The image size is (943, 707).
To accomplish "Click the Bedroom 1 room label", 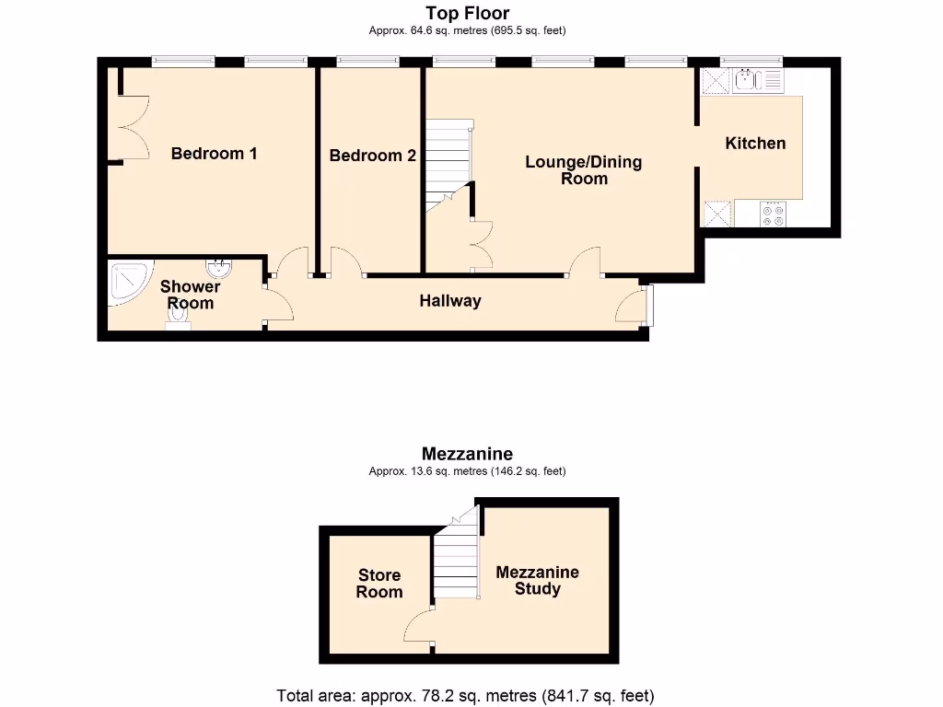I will click(214, 154).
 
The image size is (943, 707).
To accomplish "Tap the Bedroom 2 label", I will click(372, 156).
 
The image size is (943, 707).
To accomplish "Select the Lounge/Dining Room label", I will click(584, 170).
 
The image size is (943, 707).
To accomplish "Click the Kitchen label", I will click(755, 143).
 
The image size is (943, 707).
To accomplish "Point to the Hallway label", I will click(450, 301).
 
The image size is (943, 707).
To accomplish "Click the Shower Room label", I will click(191, 295).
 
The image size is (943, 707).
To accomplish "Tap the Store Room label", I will click(379, 584).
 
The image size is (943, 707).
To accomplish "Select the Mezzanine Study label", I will click(537, 580).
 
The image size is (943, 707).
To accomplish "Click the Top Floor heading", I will click(467, 13).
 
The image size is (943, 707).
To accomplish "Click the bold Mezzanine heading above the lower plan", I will click(467, 454).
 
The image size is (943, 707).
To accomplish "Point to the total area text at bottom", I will click(466, 695).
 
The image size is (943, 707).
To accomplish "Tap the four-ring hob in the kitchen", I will click(772, 214).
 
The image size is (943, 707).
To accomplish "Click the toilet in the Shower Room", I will click(178, 316).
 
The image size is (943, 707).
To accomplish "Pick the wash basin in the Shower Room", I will click(219, 268).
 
